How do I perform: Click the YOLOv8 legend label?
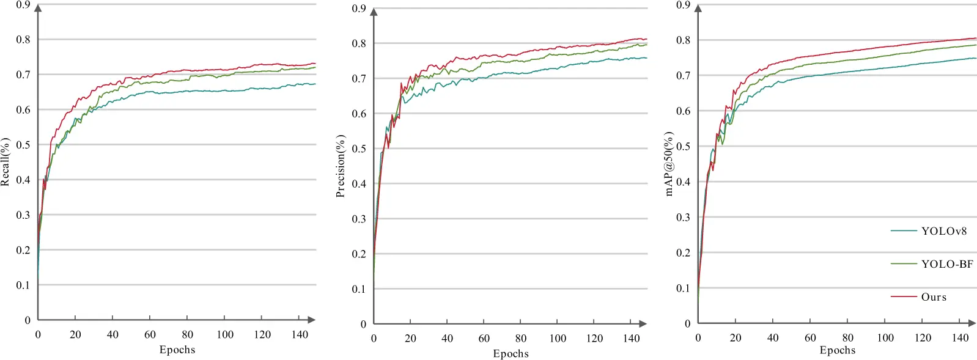point(944,231)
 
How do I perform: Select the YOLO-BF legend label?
point(947,264)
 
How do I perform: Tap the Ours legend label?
point(934,297)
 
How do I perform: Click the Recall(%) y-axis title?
point(6,162)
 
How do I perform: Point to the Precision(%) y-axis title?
point(341,166)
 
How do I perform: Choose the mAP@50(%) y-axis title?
point(669,164)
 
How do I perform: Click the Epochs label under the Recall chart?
point(177,350)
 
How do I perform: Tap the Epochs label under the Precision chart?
point(511,353)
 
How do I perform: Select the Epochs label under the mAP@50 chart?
point(837,350)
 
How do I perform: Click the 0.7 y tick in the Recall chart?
point(23,75)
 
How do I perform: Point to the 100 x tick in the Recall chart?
point(225,334)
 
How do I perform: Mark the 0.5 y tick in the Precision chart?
point(359,149)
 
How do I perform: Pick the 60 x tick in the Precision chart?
point(484,338)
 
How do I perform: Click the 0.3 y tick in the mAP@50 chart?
point(684,218)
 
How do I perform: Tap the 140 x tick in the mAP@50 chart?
point(960,337)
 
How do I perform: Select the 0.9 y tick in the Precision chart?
point(359,9)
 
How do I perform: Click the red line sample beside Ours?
point(903,297)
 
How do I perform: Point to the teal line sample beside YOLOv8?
point(903,231)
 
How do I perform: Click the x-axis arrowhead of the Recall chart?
point(312,320)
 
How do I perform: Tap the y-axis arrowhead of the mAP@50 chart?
point(698,9)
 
